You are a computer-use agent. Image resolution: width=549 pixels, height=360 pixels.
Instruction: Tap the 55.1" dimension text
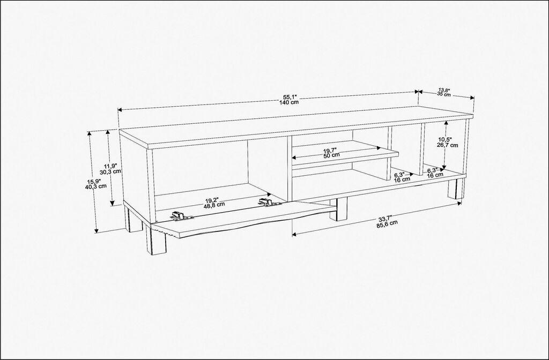pyautogui.click(x=290, y=97)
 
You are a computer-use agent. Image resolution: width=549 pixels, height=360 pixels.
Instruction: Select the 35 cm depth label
pyautogui.click(x=443, y=94)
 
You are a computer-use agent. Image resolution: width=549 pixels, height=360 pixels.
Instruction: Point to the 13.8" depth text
pyautogui.click(x=443, y=89)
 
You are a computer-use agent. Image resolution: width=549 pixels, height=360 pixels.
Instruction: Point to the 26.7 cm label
pyautogui.click(x=448, y=145)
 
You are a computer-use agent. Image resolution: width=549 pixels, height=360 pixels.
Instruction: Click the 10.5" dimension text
pyautogui.click(x=448, y=139)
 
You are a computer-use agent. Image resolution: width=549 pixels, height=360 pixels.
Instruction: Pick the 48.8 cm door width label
pyautogui.click(x=214, y=205)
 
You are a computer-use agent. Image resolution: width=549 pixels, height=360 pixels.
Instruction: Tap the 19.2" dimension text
pyautogui.click(x=214, y=199)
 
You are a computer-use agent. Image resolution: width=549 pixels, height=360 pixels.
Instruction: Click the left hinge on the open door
pyautogui.click(x=182, y=216)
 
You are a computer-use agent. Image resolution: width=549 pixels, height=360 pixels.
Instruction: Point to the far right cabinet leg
pyautogui.click(x=456, y=188)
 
